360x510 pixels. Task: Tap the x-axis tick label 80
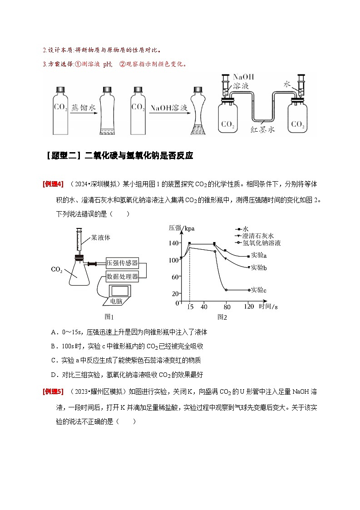[227, 307]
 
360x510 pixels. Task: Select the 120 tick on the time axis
[248, 307]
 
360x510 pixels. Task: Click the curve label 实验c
[258, 290]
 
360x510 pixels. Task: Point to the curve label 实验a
[258, 256]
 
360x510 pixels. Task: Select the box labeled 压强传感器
[122, 263]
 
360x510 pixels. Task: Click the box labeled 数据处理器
[122, 276]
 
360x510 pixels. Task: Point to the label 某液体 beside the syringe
[101, 237]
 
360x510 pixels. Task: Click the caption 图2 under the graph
[222, 317]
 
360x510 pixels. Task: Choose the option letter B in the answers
[53, 346]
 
